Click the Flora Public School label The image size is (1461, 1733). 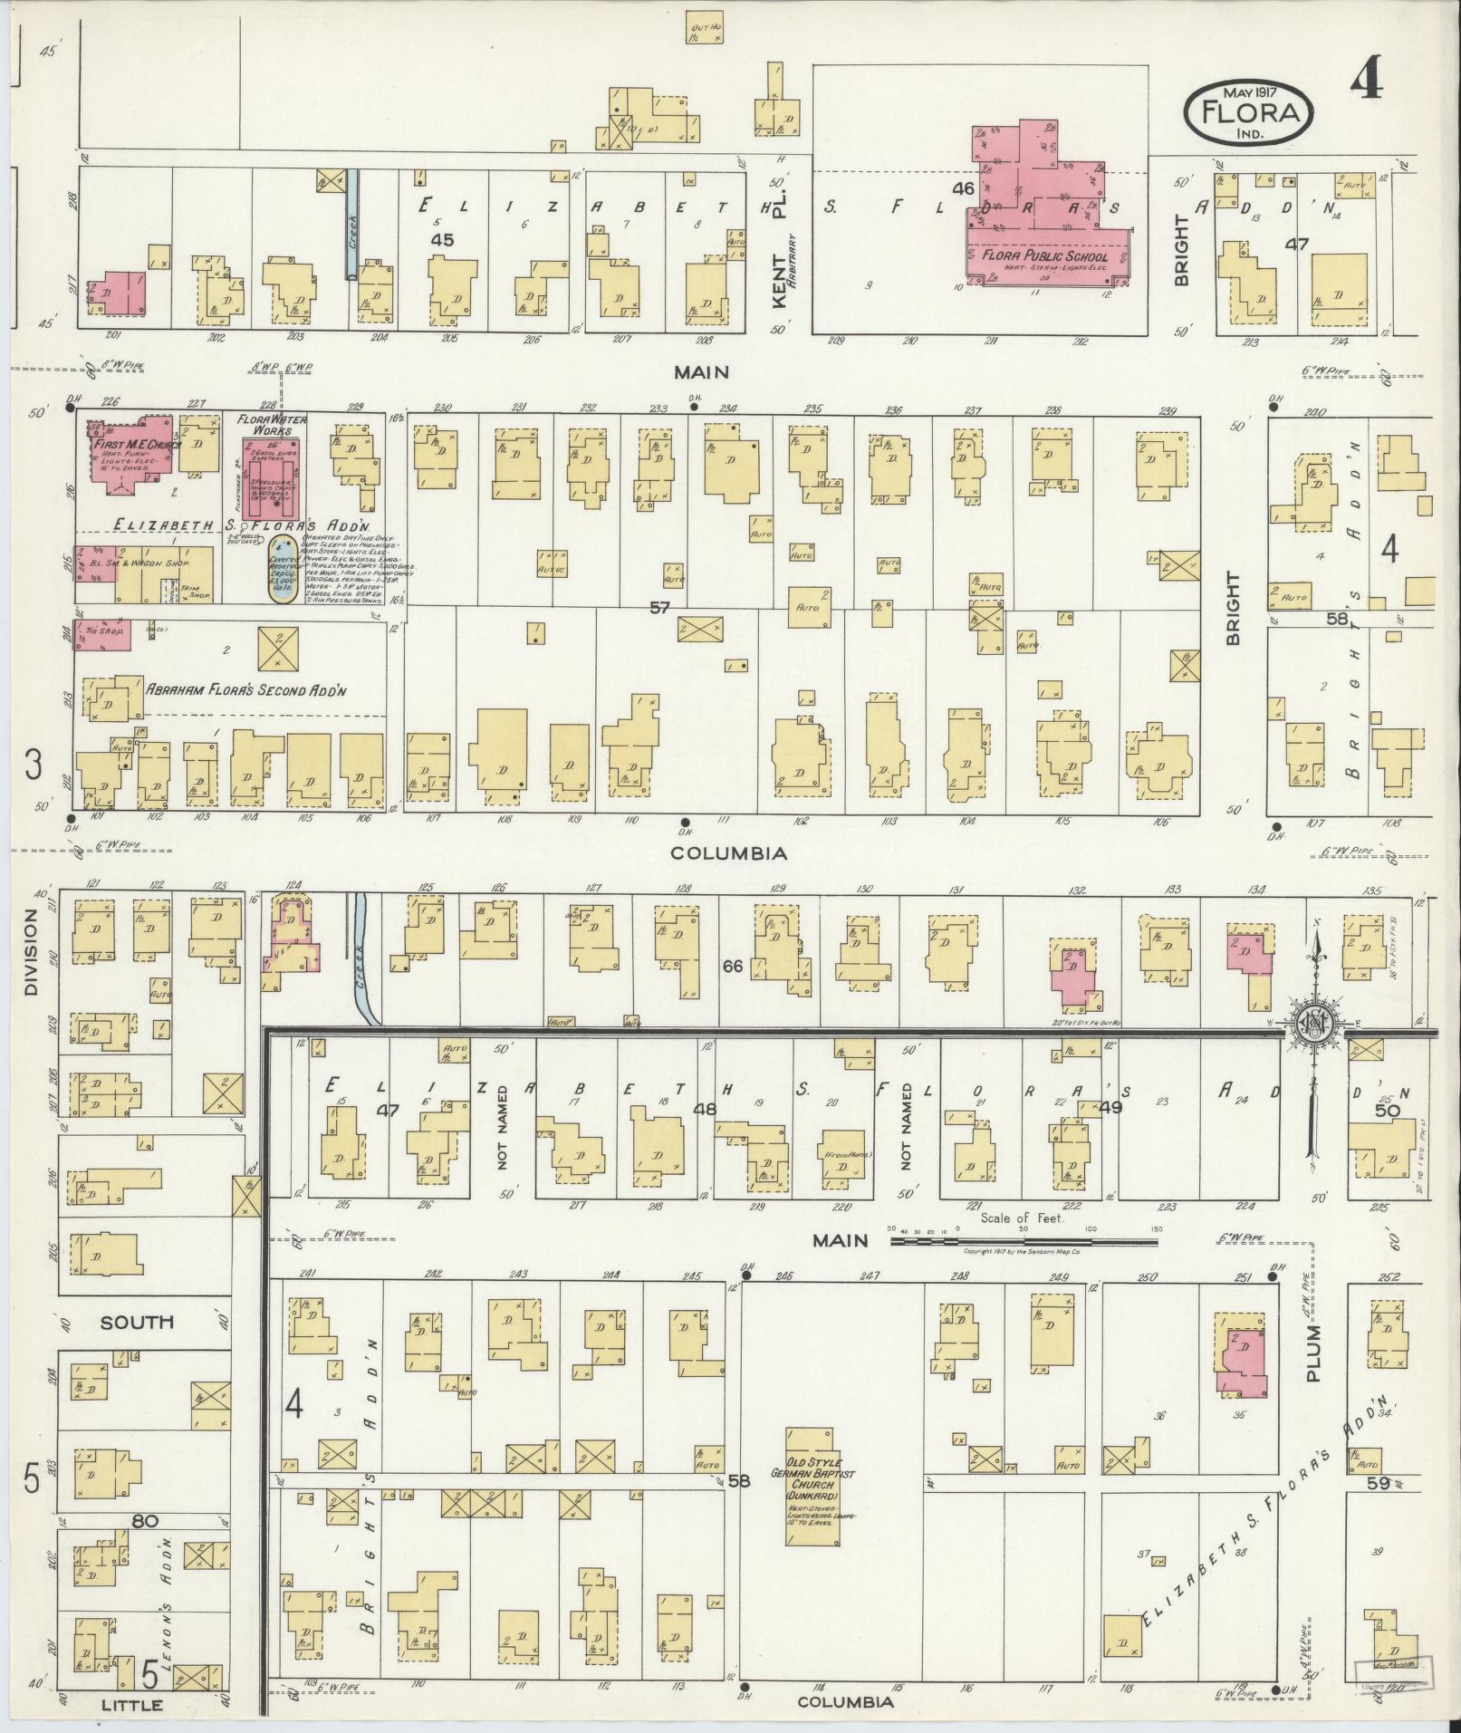[x=1045, y=256]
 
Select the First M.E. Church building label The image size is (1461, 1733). [x=135, y=445]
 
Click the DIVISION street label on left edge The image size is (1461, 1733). [x=32, y=953]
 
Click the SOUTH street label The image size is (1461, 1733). [x=137, y=1322]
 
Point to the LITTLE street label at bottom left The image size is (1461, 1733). [x=131, y=1705]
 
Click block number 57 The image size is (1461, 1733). [x=658, y=607]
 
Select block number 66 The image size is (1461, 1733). [x=732, y=967]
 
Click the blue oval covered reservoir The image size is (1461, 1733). [x=282, y=580]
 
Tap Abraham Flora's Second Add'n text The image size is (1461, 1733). [x=245, y=688]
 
